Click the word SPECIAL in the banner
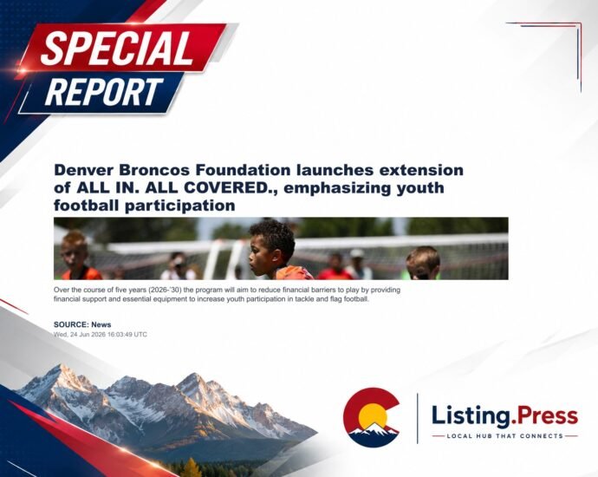(117, 48)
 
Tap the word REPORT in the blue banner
(104, 92)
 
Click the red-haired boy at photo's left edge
(78, 255)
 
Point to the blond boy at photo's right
(423, 263)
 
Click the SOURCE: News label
(82, 324)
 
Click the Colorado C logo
(371, 417)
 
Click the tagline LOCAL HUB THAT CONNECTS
(505, 435)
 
